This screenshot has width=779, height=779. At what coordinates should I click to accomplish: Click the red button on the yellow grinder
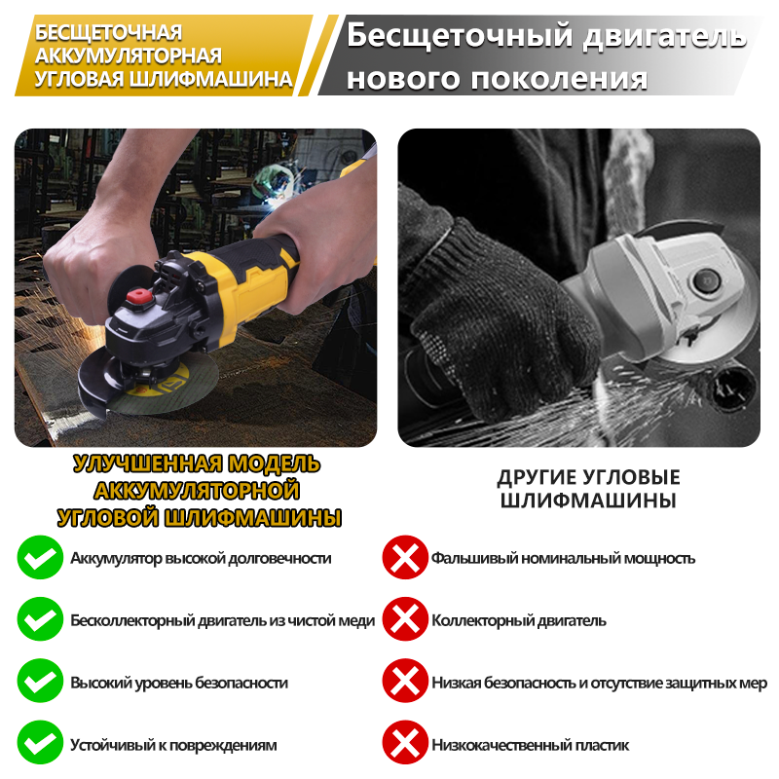click(x=139, y=297)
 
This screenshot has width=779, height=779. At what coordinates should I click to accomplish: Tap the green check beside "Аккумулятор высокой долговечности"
click(x=40, y=557)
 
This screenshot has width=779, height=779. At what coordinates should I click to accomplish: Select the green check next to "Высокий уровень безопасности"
click(x=40, y=681)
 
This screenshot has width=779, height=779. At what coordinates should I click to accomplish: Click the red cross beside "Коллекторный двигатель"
click(x=405, y=619)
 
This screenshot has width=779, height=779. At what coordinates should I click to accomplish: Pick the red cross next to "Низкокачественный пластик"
click(x=405, y=743)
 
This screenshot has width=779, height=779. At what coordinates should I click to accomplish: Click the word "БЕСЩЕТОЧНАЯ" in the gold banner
click(x=108, y=32)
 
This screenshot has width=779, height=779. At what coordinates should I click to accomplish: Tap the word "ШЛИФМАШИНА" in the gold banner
click(x=210, y=79)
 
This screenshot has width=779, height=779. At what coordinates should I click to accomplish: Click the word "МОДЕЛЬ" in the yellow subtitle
click(x=274, y=464)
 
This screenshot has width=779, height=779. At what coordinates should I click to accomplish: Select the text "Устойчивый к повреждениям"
click(x=173, y=745)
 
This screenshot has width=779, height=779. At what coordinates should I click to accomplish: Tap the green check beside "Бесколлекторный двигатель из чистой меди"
click(x=40, y=619)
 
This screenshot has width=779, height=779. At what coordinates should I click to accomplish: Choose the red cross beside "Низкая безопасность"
click(x=405, y=681)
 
